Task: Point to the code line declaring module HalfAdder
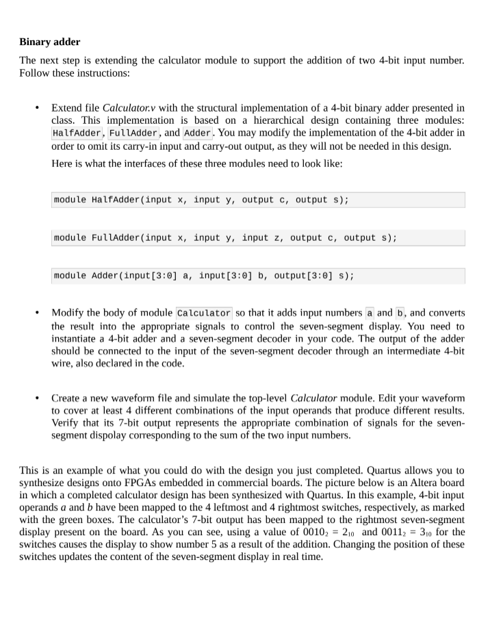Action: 201,200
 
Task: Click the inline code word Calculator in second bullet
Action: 203,313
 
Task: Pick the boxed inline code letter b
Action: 400,313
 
